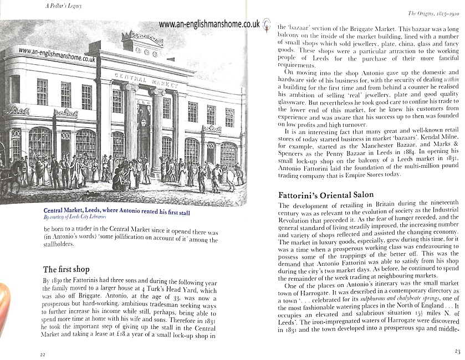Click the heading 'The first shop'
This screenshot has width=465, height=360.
point(66,270)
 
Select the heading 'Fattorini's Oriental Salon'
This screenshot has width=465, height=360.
point(326,195)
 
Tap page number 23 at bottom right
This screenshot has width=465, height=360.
point(457,351)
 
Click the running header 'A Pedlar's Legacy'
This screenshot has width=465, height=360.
point(65,6)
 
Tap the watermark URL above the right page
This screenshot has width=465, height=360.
point(209,24)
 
